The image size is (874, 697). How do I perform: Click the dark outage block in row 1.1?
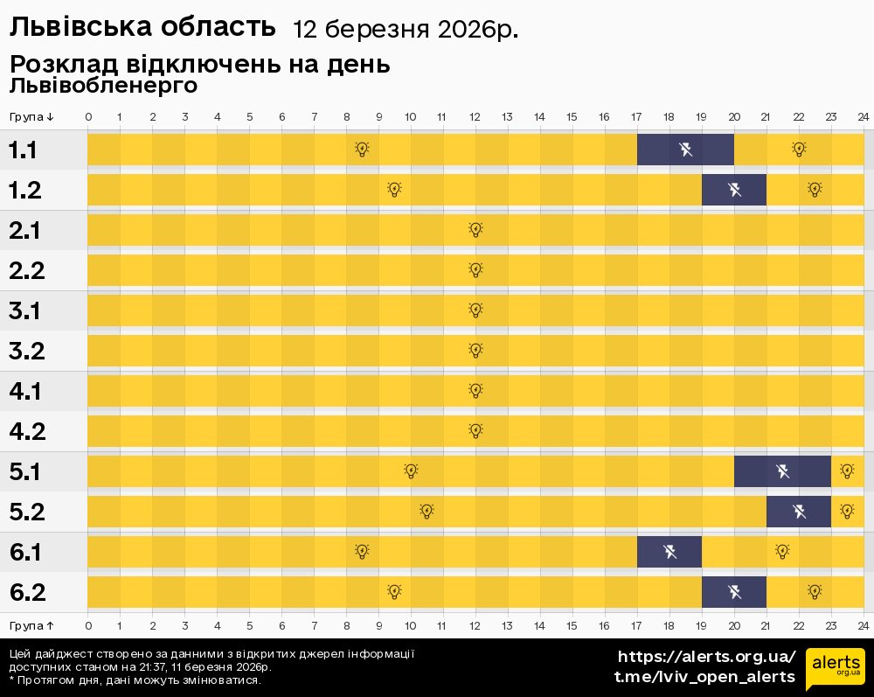685,150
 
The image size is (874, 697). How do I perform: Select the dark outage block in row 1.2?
734,190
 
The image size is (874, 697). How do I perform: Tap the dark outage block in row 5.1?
782,471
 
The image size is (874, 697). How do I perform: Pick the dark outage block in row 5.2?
799,512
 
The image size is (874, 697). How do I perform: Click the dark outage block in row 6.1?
669,552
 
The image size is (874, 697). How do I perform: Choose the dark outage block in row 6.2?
734,592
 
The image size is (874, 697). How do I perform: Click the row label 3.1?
27,311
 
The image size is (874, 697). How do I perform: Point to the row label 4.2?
27,432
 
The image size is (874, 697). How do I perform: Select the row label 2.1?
27,231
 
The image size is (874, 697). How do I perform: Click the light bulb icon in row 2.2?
475,270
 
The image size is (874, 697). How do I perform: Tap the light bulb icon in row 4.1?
475,391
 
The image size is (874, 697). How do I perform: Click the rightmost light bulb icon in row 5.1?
846,471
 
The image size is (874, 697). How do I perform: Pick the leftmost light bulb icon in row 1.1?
362,150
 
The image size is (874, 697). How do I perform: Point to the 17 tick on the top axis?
636,117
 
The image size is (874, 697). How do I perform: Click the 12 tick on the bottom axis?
475,625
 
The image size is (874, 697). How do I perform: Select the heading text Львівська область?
142,28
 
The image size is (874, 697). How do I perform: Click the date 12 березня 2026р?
405,30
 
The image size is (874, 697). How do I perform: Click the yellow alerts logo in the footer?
835,669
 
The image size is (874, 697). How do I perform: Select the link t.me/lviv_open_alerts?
704,677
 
